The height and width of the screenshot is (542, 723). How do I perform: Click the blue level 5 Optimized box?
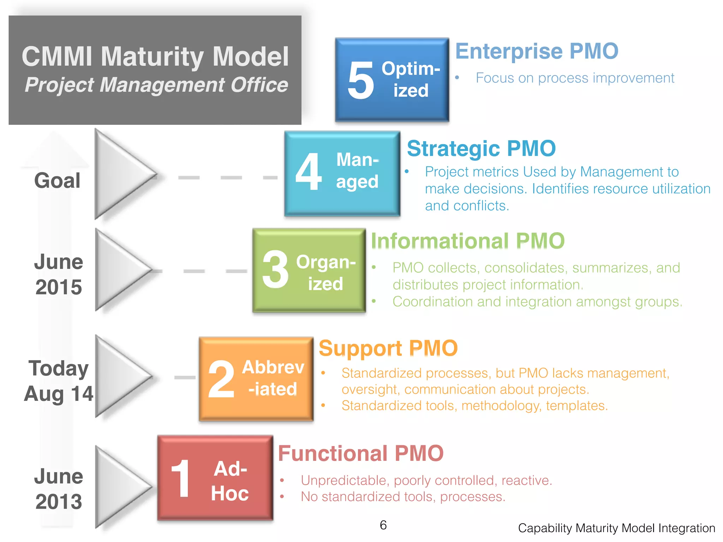coord(392,80)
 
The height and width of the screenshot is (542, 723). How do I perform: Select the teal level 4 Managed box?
coord(342,173)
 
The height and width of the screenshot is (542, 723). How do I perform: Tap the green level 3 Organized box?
coord(309,270)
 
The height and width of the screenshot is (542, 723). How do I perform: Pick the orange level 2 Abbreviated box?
coord(256,379)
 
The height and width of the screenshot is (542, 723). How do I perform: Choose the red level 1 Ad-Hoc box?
coord(215,478)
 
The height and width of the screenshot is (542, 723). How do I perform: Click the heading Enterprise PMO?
coord(537,52)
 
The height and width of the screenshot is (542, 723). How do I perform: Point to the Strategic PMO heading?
coord(481,149)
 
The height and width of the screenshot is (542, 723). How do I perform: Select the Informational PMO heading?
coord(468,241)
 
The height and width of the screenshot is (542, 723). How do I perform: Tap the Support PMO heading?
coord(388,348)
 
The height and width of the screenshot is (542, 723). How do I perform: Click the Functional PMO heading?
coord(360,453)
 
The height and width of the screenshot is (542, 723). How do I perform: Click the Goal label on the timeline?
coord(57,181)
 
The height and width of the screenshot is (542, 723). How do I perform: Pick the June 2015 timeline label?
coord(59,275)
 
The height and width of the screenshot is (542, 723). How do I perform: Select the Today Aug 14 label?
coord(59,381)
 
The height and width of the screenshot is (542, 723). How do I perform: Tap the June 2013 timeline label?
coord(59,489)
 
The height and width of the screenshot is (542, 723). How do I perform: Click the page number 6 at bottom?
coord(383,525)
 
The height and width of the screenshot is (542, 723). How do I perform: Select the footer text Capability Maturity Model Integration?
coord(616,528)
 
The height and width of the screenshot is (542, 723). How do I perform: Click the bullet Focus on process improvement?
coord(574,78)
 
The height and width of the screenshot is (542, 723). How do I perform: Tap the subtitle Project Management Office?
coord(156,85)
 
